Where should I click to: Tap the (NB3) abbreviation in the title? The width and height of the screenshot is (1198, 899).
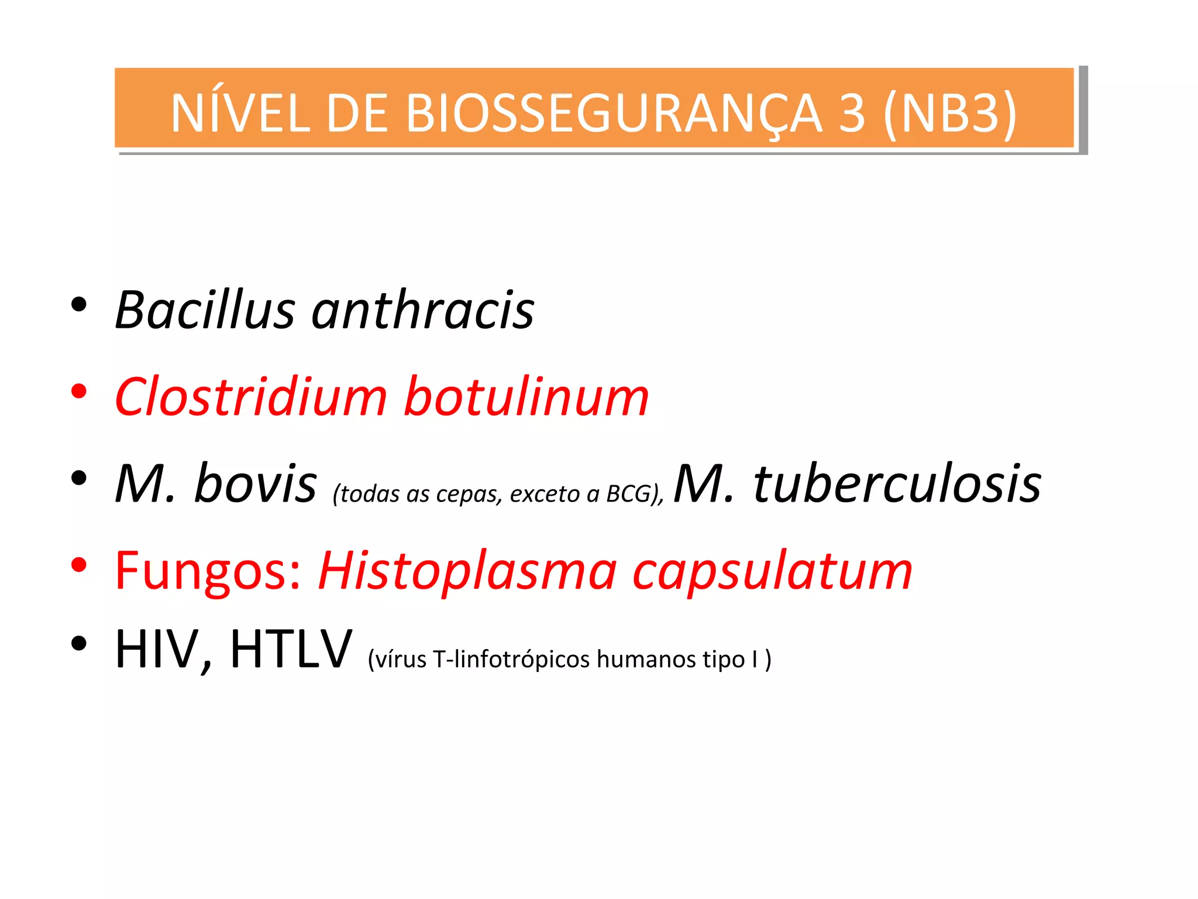950,113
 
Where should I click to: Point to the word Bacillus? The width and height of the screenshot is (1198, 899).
205,310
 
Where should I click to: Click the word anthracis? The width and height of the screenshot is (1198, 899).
423,310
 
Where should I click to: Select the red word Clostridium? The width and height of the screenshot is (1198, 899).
251,397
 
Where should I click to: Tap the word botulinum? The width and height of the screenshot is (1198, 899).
526,397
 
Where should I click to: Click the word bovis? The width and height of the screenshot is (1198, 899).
255,483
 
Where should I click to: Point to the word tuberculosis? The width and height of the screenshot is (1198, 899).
897,483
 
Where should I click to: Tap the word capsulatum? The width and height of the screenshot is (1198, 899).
773,571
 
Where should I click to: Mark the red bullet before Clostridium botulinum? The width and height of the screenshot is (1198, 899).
79,391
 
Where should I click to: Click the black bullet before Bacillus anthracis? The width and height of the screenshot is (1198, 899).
79,304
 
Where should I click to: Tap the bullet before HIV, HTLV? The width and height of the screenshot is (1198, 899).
79,644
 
